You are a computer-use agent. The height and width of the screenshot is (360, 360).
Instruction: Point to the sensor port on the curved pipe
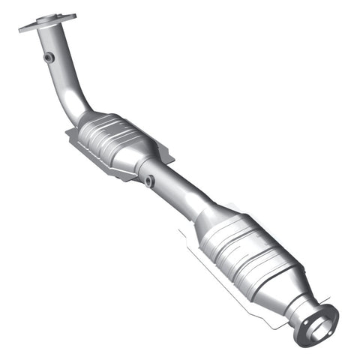[49, 57]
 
